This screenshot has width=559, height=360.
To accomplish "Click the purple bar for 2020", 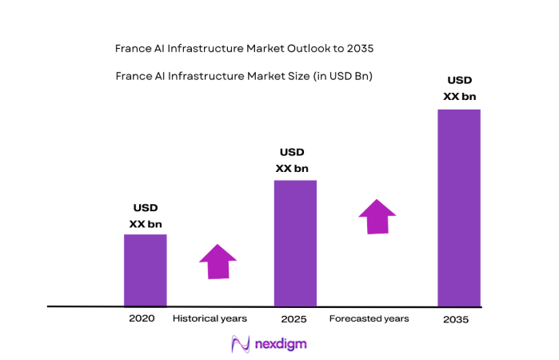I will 145,270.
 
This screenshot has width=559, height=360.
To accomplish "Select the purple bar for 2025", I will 295,243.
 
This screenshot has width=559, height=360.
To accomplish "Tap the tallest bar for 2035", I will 458,207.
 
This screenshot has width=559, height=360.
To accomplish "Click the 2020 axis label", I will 141,318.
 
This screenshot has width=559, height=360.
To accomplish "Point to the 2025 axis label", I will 293,319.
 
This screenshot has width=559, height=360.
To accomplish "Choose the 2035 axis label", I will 455,319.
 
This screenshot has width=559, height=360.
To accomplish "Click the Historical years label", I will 210,318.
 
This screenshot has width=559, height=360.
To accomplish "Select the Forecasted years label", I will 369,318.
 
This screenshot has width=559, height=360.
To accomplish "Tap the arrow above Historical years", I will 218,262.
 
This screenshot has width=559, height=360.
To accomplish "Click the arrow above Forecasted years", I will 377,216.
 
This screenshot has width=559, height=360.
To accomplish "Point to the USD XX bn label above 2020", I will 145,217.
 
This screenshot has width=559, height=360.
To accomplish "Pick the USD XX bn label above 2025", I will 292,160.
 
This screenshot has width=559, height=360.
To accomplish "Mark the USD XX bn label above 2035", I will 460,89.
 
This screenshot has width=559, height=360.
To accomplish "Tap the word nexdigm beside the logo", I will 279,343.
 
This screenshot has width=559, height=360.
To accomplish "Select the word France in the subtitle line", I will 133,77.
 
